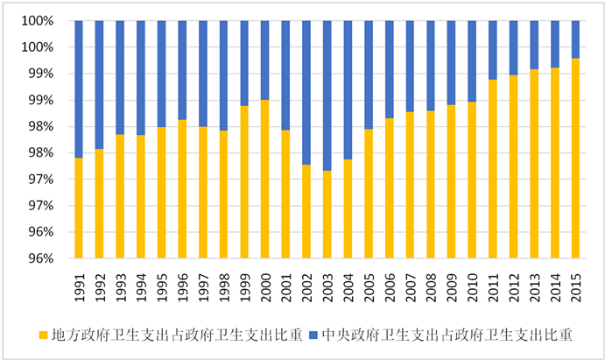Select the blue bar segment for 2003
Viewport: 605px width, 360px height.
pyautogui.click(x=327, y=95)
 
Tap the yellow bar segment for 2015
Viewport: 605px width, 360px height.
pyautogui.click(x=575, y=158)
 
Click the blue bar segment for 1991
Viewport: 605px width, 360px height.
pyautogui.click(x=79, y=88)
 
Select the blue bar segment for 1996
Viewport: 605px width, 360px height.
pyautogui.click(x=182, y=70)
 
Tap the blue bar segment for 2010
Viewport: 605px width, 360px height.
pyautogui.click(x=472, y=61)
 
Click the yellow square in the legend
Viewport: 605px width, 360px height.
pyautogui.click(x=43, y=334)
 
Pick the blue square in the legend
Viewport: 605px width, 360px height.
pyautogui.click(x=314, y=334)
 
